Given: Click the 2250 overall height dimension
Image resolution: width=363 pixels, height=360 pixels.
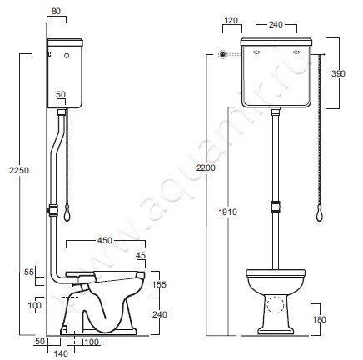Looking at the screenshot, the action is point(19,170).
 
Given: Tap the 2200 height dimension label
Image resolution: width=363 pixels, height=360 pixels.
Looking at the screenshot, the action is point(206,167).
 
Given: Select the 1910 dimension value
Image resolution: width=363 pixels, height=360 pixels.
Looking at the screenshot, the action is point(228,212).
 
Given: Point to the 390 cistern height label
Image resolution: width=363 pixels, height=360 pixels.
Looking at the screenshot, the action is point(338,73).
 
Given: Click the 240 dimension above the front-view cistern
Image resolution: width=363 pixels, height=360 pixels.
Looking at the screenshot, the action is point(276,25).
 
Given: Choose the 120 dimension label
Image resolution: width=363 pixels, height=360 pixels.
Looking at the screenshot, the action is point(231,20).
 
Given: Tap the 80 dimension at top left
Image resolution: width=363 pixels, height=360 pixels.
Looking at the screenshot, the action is point(56,12).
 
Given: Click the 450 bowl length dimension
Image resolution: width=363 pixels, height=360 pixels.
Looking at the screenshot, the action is point(105,240).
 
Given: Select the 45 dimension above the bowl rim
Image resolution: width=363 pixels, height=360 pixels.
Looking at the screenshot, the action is point(141,255).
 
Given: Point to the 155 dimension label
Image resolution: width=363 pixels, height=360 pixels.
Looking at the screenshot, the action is point(159,284).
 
